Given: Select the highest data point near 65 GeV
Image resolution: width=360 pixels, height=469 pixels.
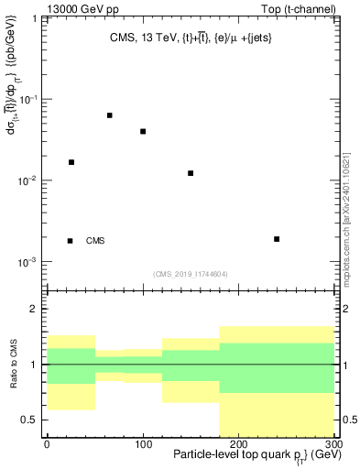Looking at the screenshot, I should click(x=110, y=115).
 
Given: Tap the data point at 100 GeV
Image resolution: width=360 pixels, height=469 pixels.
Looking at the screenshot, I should click(x=143, y=131).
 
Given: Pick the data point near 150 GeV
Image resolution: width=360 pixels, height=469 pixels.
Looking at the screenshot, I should click(x=191, y=173).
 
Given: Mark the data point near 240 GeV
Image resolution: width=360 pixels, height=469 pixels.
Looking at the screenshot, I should click(x=277, y=239).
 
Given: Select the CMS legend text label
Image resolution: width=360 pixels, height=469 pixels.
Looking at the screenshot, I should click(x=95, y=241).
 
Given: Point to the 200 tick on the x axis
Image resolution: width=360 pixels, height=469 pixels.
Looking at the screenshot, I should click(x=238, y=442).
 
